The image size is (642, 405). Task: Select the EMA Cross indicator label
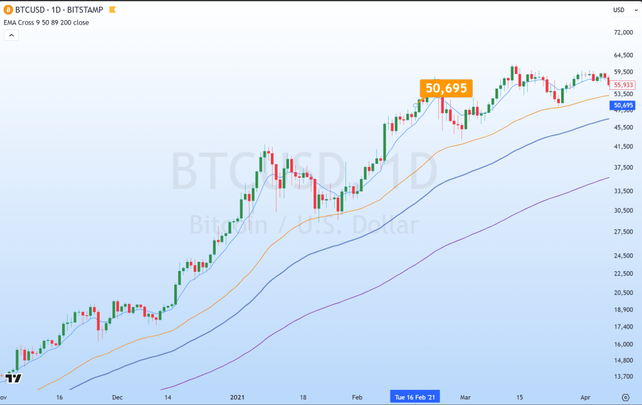pyautogui.click(x=46, y=23)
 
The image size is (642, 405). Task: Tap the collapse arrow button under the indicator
pyautogui.click(x=11, y=35)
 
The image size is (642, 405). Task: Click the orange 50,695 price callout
pyautogui.click(x=446, y=88)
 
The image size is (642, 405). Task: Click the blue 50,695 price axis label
pyautogui.click(x=624, y=105)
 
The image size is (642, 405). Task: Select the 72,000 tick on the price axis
pyautogui.click(x=624, y=32)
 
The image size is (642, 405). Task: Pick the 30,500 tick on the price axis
pyautogui.click(x=624, y=210)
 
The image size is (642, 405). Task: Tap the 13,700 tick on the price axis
pyautogui.click(x=624, y=376)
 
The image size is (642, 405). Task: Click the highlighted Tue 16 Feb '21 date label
pyautogui.click(x=415, y=397)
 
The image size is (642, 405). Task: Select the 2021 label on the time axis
pyautogui.click(x=238, y=397)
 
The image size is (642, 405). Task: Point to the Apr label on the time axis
pyautogui.click(x=585, y=397)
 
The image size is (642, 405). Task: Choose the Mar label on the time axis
pyautogui.click(x=466, y=397)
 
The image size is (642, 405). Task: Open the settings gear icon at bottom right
pyautogui.click(x=625, y=397)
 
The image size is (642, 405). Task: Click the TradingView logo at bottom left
pyautogui.click(x=14, y=378)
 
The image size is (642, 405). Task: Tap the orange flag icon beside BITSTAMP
pyautogui.click(x=112, y=10)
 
